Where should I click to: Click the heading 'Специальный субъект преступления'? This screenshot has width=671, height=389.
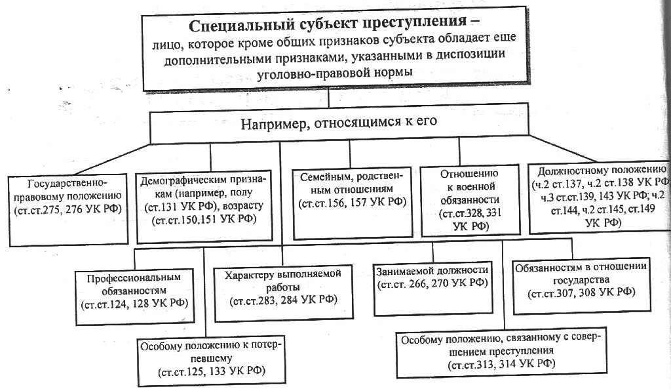pos(328,24)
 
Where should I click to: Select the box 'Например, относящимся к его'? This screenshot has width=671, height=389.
pos(339,126)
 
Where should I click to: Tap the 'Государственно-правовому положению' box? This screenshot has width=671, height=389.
pos(68,209)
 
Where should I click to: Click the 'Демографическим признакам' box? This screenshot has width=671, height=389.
pos(204,205)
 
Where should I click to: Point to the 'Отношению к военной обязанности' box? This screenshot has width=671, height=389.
pos(469,201)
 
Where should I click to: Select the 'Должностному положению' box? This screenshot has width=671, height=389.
pos(599,198)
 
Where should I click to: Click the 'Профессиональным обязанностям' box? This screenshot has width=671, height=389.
pos(134,297)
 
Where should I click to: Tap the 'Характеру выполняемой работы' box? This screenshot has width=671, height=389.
pos(283,293)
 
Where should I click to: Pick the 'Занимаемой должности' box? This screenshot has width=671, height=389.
pos(433,289)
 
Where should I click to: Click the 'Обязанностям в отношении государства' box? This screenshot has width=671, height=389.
pos(582,285)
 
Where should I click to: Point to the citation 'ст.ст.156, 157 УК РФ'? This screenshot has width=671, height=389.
pos(352,202)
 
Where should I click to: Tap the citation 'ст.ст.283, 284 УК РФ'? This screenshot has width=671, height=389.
pos(283,300)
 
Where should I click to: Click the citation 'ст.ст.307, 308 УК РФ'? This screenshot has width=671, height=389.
pos(582,293)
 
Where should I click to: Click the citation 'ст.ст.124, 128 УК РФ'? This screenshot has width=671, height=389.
pos(134,304)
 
